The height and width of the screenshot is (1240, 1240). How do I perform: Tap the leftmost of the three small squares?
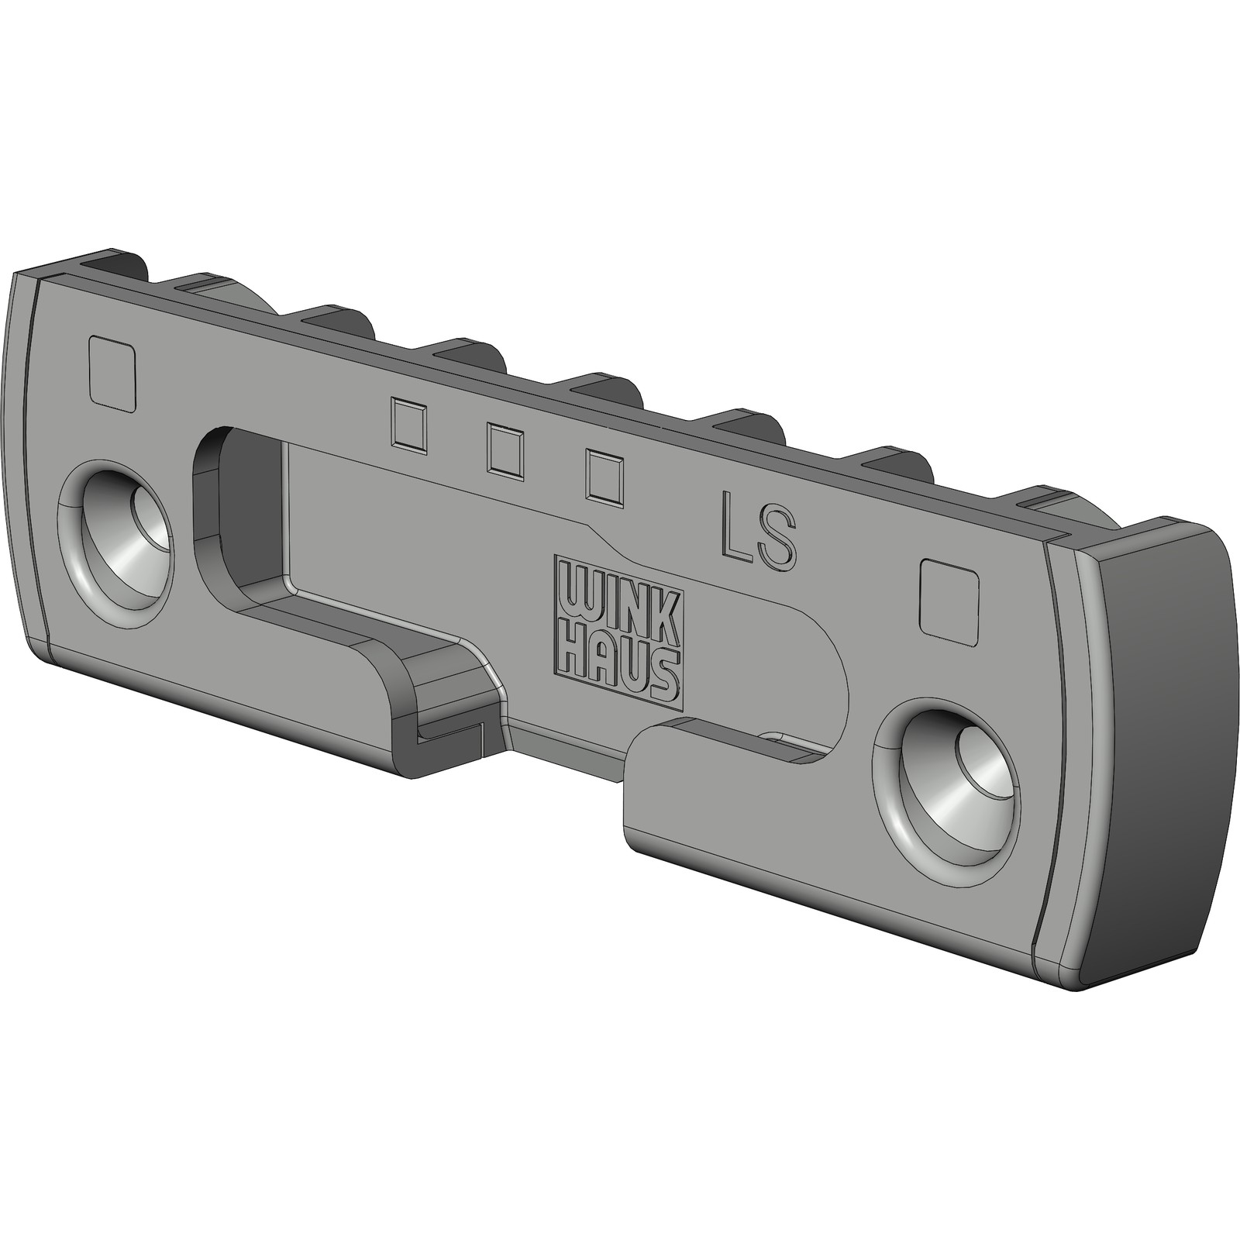click(409, 425)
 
